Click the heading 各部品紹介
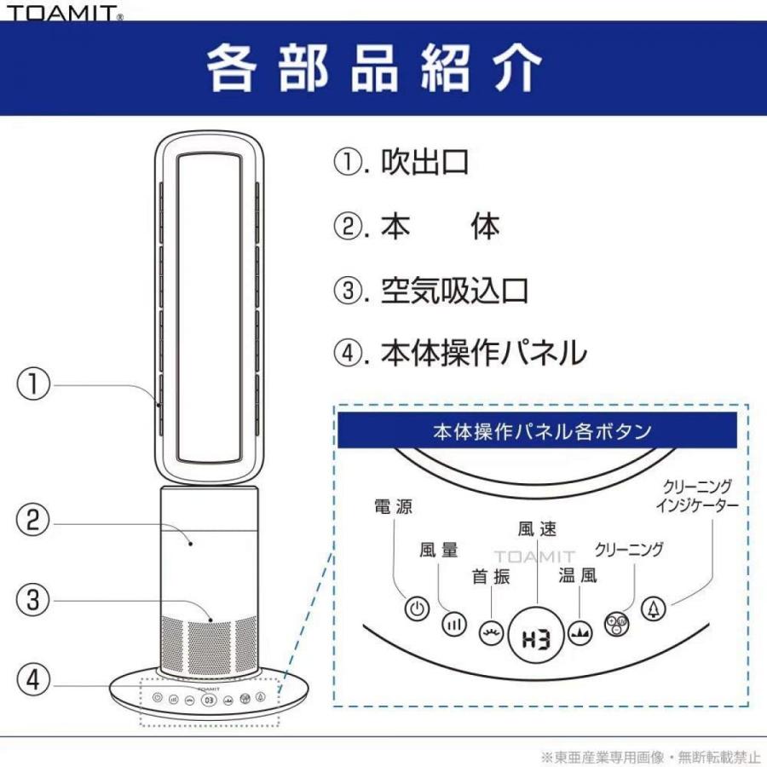click(x=374, y=67)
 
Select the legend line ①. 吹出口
click(x=401, y=162)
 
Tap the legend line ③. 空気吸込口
click(x=430, y=290)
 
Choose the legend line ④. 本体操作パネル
click(x=460, y=352)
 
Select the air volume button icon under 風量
click(x=454, y=625)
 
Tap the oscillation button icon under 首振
click(x=491, y=634)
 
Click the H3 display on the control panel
click(x=535, y=637)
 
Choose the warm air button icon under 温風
click(x=580, y=634)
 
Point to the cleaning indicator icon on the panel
click(x=654, y=609)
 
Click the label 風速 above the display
click(x=537, y=529)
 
